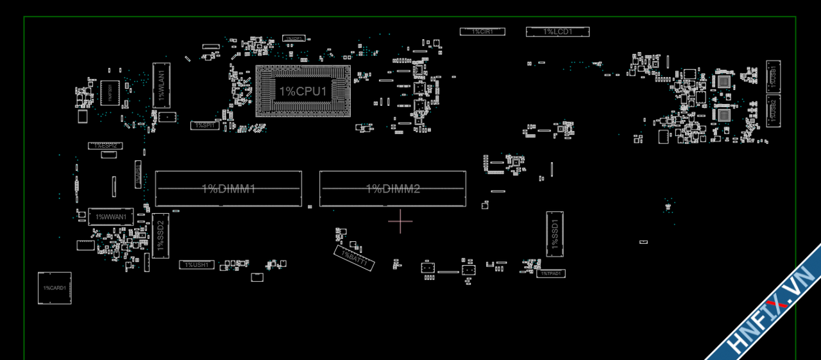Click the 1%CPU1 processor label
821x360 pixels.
pyautogui.click(x=303, y=91)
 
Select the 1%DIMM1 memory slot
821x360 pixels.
pyautogui.click(x=228, y=189)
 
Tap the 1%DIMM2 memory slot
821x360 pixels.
pyautogui.click(x=393, y=189)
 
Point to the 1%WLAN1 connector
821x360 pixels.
pyautogui.click(x=161, y=84)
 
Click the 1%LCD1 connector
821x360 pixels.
pyautogui.click(x=557, y=31)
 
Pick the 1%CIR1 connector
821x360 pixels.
pyautogui.click(x=482, y=31)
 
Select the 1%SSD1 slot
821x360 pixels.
pyautogui.click(x=555, y=234)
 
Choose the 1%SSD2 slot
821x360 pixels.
pyautogui.click(x=160, y=236)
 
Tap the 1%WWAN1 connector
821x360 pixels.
pyautogui.click(x=110, y=217)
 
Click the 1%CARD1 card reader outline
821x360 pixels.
pyautogui.click(x=55, y=288)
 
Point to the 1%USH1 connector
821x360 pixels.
pyautogui.click(x=196, y=264)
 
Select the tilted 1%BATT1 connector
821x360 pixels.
pyautogui.click(x=353, y=258)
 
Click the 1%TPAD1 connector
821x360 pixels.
pyautogui.click(x=550, y=273)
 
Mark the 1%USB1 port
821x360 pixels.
pyautogui.click(x=773, y=76)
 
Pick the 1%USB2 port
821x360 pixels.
pyautogui.click(x=773, y=110)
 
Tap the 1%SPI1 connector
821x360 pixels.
pyautogui.click(x=205, y=126)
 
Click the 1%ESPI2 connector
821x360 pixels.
pyautogui.click(x=105, y=146)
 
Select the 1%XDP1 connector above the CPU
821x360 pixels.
pyautogui.click(x=294, y=39)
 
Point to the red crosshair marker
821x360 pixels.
pyautogui.click(x=400, y=221)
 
